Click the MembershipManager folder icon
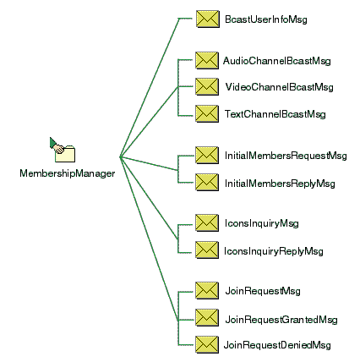pyautogui.click(x=63, y=150)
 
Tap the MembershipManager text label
pyautogui.click(x=68, y=173)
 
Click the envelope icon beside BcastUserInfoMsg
pyautogui.click(x=208, y=19)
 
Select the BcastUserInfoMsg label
pyautogui.click(x=266, y=19)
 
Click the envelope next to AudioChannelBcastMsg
pyautogui.click(x=207, y=60)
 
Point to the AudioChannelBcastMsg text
pyautogui.click(x=277, y=61)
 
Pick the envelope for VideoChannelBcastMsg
pyautogui.click(x=207, y=86)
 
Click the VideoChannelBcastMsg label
pyautogui.click(x=279, y=87)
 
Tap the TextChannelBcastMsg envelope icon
pyautogui.click(x=207, y=113)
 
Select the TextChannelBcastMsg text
pyautogui.click(x=275, y=114)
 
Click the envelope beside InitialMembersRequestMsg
pyautogui.click(x=207, y=155)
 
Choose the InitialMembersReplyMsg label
pyautogui.click(x=280, y=184)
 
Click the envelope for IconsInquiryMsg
pyautogui.click(x=207, y=222)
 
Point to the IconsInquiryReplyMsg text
pyautogui.click(x=274, y=251)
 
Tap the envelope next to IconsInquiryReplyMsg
pyautogui.click(x=207, y=250)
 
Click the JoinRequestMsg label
pyautogui.click(x=263, y=291)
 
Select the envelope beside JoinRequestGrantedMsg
pyautogui.click(x=207, y=317)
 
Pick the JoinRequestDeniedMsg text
pyautogui.click(x=277, y=345)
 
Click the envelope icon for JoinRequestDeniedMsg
pyautogui.click(x=207, y=344)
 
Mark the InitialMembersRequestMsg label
pyautogui.click(x=286, y=156)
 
